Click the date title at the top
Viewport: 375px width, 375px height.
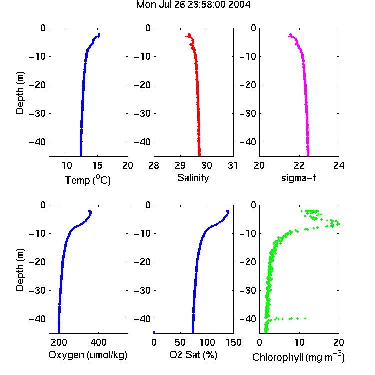point(193,5)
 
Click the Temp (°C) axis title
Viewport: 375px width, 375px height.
point(88,180)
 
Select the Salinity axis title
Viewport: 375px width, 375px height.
point(193,178)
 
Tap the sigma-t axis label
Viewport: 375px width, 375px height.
point(298,178)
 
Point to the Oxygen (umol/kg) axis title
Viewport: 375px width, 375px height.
point(88,355)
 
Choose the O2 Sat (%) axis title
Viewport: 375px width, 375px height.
point(193,355)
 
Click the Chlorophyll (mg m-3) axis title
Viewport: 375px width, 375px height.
point(298,357)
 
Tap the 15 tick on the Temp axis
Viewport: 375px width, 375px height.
point(97,165)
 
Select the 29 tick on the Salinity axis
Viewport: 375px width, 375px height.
point(180,165)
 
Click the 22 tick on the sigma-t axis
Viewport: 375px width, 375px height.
point(299,165)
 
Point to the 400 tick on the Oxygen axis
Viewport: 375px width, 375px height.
point(98,342)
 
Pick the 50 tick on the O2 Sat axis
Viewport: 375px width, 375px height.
point(180,342)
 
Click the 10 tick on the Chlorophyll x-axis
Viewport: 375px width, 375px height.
point(299,342)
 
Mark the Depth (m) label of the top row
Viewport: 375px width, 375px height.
point(20,93)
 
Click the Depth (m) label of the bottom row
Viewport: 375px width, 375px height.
point(20,270)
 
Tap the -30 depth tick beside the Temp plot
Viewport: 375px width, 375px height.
point(37,113)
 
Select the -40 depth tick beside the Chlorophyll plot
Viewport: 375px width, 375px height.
point(248,319)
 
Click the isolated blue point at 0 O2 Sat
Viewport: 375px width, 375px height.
point(154,332)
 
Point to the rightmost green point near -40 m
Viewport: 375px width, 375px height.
point(305,318)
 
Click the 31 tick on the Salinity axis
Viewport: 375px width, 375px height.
point(233,165)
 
